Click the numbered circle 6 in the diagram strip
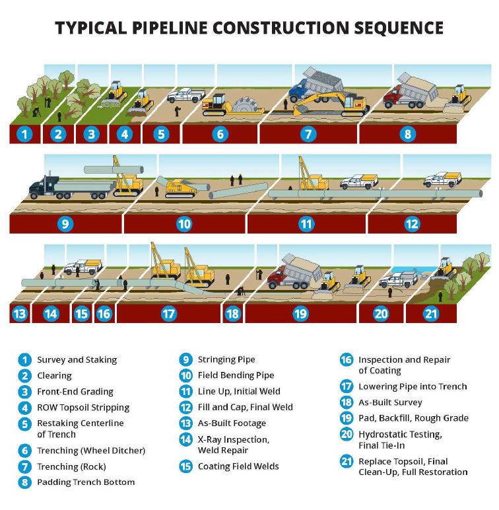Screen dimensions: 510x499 click(220, 134)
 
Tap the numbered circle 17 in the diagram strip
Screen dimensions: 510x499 click(169, 313)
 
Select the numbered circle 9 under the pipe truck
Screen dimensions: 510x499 click(65, 224)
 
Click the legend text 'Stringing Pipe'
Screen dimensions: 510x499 click(226, 359)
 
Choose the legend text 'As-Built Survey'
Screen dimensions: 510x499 click(390, 402)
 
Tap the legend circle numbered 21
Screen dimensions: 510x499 click(347, 461)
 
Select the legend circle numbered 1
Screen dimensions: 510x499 click(25, 359)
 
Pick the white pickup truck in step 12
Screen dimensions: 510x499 click(441, 178)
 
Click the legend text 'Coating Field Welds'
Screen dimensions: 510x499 click(238, 466)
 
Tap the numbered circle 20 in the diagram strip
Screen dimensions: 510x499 click(381, 313)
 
